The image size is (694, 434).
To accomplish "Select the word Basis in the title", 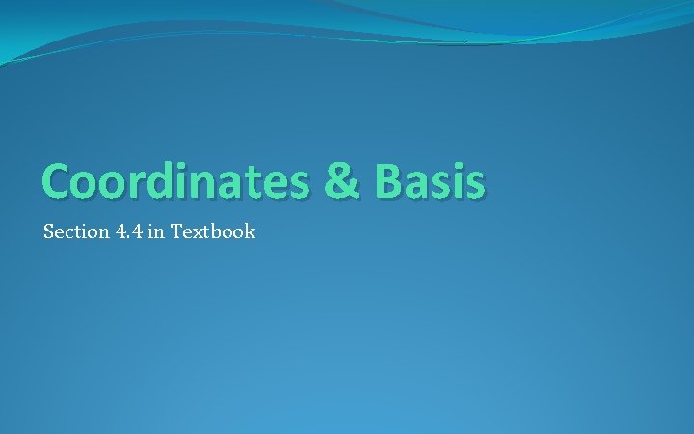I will pyautogui.click(x=429, y=180).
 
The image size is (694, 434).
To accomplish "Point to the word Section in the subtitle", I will pyautogui.click(x=72, y=231).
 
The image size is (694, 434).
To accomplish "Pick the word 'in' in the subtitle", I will pyautogui.click(x=155, y=231).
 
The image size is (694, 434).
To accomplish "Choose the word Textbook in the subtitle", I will pyautogui.click(x=213, y=231).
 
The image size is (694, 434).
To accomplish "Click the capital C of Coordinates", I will pyautogui.click(x=57, y=180).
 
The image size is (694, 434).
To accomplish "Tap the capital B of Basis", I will pyautogui.click(x=389, y=180).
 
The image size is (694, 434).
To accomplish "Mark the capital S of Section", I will pyautogui.click(x=48, y=231).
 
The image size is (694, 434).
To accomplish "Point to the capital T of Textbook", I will pyautogui.click(x=176, y=231).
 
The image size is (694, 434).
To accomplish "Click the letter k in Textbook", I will pyautogui.click(x=250, y=231).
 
